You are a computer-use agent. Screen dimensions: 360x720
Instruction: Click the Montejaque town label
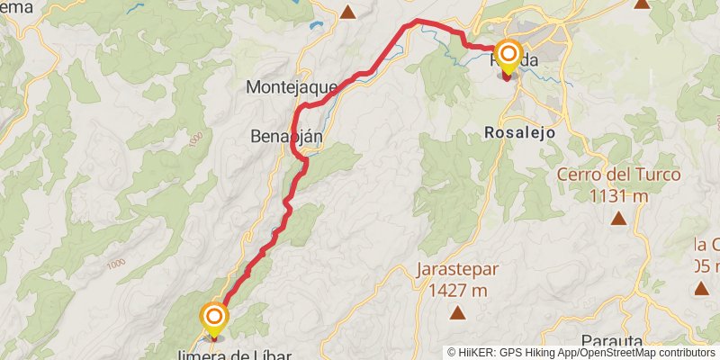click(291, 87)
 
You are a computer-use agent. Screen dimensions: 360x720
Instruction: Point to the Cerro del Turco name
click(618, 175)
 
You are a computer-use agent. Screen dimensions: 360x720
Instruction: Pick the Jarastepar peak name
click(456, 270)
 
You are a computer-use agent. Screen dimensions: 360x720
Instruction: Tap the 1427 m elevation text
click(456, 290)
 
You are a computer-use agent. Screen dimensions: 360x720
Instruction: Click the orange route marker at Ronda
click(508, 54)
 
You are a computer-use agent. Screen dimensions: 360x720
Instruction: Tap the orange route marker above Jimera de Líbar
click(214, 317)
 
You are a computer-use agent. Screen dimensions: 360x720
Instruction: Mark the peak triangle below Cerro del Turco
click(619, 219)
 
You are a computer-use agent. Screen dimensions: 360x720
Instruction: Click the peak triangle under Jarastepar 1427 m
click(457, 313)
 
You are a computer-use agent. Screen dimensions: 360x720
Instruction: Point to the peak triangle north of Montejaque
click(348, 12)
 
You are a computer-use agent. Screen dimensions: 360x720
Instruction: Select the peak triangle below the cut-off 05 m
click(701, 289)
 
